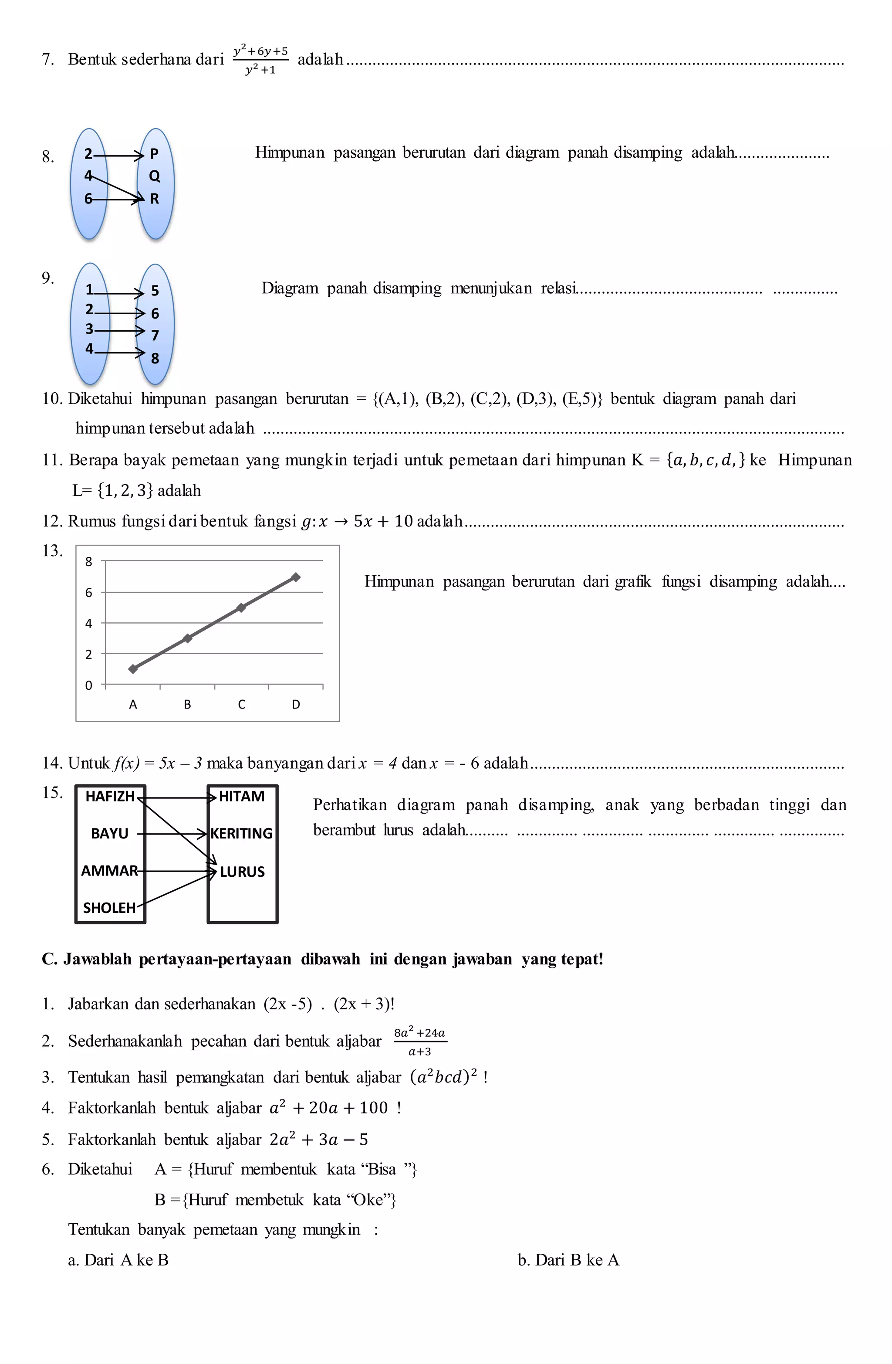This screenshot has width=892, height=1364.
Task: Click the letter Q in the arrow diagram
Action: tap(155, 176)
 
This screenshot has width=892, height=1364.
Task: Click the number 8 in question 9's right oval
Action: tap(155, 359)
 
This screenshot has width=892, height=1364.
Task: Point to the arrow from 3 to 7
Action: tap(118, 331)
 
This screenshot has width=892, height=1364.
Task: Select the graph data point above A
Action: tap(133, 668)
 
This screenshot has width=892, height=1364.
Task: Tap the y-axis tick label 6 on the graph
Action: tap(89, 593)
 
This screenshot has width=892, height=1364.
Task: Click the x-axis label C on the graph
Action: tap(241, 704)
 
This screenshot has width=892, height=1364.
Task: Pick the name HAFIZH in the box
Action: tap(109, 797)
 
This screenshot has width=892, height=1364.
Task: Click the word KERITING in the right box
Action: tap(241, 833)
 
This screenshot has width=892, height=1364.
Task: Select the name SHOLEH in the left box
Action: tap(109, 908)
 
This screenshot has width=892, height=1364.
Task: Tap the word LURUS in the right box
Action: tap(242, 872)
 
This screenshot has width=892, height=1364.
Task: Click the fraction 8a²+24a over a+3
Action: tap(420, 1042)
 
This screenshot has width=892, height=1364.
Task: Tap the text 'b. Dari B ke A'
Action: tap(568, 1260)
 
